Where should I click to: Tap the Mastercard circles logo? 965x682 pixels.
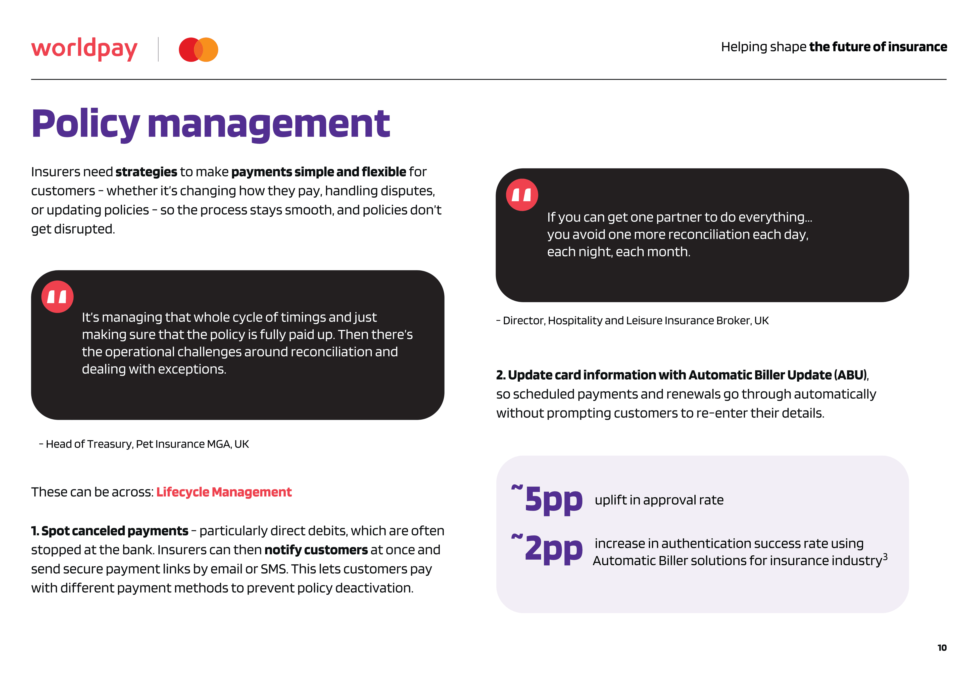[x=198, y=50]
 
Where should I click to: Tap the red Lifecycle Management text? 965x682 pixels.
[x=224, y=492]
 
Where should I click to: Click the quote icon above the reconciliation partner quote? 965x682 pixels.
[x=522, y=195]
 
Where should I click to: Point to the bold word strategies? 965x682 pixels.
[x=146, y=172]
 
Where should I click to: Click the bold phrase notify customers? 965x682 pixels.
[x=316, y=550]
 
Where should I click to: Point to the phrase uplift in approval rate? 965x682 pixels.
[x=659, y=500]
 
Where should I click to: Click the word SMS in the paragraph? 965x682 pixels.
[x=274, y=569]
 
